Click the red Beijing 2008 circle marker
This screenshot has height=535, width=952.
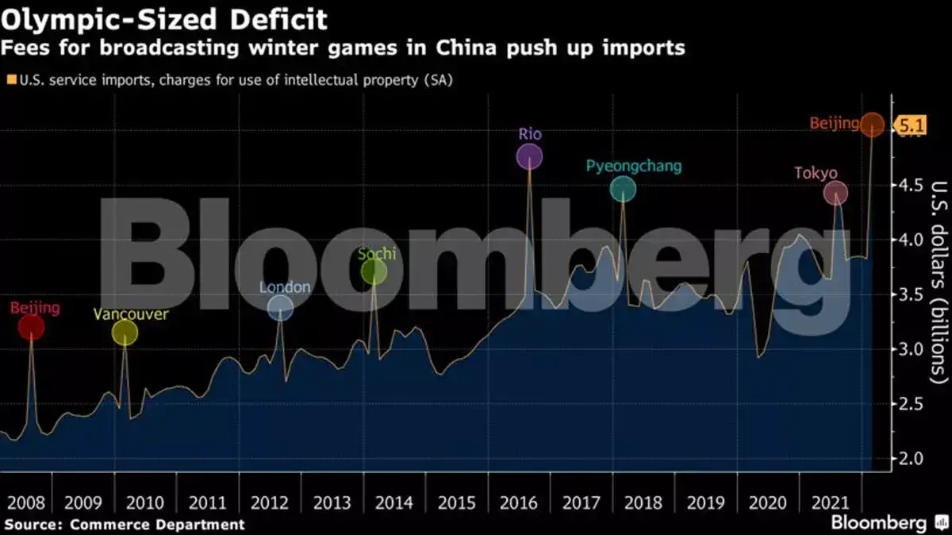tap(31, 326)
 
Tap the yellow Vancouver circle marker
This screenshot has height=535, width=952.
tap(125, 333)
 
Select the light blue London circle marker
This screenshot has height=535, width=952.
tap(280, 307)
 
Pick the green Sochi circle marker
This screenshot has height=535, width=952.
tap(374, 271)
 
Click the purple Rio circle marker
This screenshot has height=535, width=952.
tap(529, 156)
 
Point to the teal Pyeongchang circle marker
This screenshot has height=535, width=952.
tap(623, 188)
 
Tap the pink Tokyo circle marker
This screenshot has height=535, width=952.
tap(835, 192)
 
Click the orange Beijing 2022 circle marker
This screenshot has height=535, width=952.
tap(872, 124)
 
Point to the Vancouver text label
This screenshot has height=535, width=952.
tap(131, 314)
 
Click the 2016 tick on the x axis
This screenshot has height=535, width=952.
tap(518, 502)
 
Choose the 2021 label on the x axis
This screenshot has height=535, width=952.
tap(830, 502)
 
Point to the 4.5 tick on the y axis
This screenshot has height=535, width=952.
tap(909, 186)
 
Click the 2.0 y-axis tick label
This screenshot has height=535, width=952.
tap(909, 459)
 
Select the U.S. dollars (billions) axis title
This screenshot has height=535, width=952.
tap(939, 283)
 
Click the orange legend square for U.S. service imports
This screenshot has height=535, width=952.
tap(11, 79)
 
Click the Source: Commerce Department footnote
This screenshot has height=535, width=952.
tap(124, 524)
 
